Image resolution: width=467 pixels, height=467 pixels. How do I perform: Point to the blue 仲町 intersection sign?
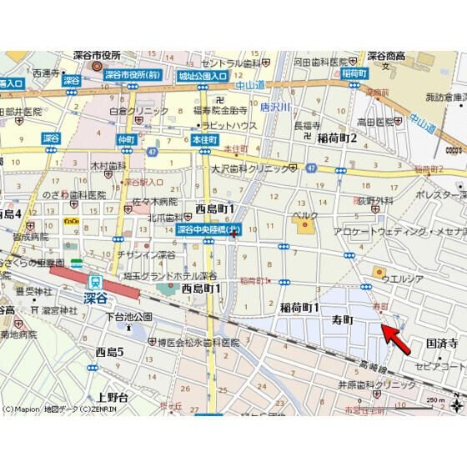click(x=127, y=138)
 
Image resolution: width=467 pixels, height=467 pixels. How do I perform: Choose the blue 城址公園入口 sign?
click(x=202, y=75)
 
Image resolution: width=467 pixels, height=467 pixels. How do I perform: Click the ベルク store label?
click(x=305, y=216)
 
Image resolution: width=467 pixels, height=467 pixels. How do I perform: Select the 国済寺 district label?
click(x=442, y=342)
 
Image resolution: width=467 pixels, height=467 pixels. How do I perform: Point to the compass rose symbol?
click(x=458, y=406)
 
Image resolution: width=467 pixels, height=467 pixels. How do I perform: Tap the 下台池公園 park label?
click(x=123, y=317)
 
